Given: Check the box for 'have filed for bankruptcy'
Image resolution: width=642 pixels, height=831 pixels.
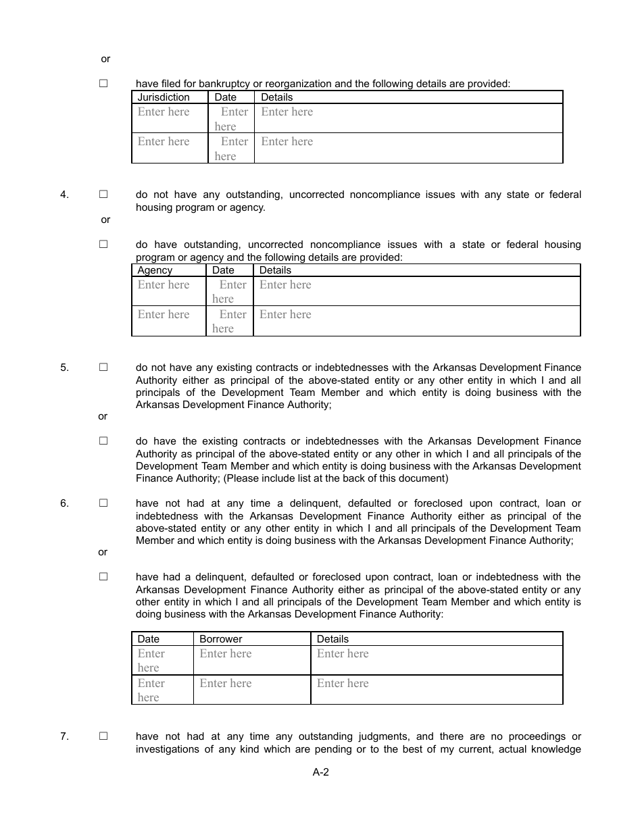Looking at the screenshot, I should [103, 84].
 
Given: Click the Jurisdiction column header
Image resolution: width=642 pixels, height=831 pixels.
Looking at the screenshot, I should [164, 97].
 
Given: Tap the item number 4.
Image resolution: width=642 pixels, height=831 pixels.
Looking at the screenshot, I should [64, 195].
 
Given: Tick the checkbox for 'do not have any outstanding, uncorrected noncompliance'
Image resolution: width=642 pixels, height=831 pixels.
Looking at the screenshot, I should [103, 194].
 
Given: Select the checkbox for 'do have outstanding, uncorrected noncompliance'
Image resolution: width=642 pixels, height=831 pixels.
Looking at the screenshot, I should [103, 245].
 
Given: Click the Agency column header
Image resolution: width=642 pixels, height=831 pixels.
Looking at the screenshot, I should [155, 270].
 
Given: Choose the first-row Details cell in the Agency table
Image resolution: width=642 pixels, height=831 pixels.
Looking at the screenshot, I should [285, 285].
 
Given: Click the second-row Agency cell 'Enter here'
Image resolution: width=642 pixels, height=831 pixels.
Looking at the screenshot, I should [164, 315].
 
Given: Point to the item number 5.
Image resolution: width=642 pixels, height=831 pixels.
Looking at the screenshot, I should [64, 368].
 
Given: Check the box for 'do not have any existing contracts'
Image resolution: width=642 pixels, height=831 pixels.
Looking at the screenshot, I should [103, 368].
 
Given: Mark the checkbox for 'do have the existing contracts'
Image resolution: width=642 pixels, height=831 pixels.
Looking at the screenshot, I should [103, 441].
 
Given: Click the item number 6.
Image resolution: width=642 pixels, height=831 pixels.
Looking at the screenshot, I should [64, 503].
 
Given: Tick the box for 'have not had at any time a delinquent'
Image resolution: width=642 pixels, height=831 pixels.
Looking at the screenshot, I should [103, 503].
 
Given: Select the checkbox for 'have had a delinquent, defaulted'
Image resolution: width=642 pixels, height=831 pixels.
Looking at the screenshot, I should [103, 577].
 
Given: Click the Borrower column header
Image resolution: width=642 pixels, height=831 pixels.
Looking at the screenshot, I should [221, 639].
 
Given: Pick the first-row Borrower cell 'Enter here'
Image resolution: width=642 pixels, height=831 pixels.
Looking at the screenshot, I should [226, 654].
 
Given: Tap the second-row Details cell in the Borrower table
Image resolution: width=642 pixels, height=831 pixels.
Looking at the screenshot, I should [343, 684].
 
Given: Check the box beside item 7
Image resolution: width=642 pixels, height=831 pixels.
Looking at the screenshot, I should [103, 736].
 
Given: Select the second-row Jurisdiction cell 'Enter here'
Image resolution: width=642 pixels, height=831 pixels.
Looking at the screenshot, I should [164, 142].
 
